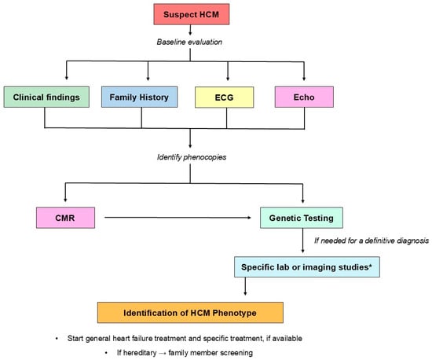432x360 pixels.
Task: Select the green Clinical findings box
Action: pyautogui.click(x=44, y=97)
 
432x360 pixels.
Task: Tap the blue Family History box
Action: pyautogui.click(x=141, y=97)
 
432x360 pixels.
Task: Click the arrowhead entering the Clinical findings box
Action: pyautogui.click(x=44, y=82)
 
